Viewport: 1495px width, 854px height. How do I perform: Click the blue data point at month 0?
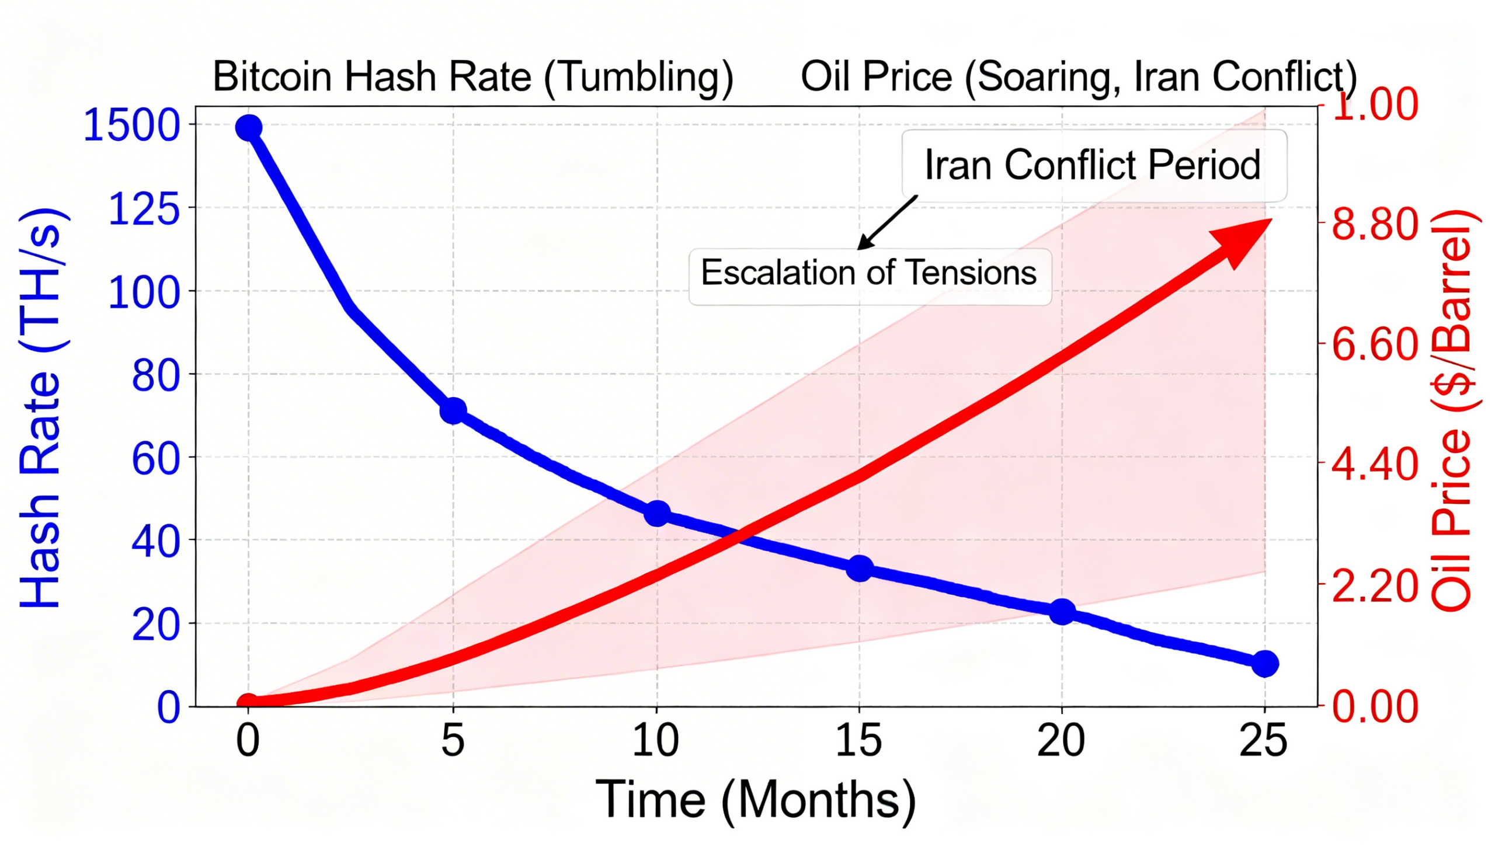click(248, 127)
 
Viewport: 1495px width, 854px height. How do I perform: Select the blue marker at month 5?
click(453, 410)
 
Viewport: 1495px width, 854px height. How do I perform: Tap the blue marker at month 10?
click(657, 514)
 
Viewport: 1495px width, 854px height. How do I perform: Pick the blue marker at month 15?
click(860, 568)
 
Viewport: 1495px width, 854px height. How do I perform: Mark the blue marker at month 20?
click(1062, 612)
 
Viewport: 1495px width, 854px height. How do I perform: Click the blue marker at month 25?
click(1265, 664)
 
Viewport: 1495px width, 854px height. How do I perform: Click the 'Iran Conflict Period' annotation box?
click(1094, 165)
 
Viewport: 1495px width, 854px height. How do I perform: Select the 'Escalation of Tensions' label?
click(870, 273)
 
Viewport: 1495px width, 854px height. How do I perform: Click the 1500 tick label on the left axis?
click(131, 126)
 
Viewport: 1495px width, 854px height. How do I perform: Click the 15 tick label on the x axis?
click(859, 741)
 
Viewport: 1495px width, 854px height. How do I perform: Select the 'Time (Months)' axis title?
click(756, 800)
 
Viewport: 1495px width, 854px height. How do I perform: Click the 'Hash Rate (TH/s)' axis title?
click(41, 407)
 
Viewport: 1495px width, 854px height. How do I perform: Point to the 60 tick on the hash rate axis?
click(155, 459)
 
